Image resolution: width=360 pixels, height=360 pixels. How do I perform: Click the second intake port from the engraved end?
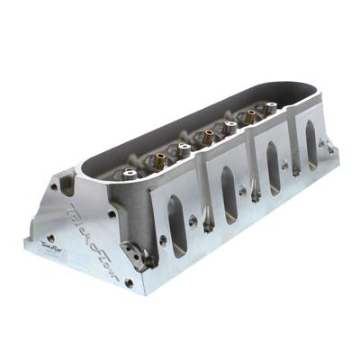(229, 194)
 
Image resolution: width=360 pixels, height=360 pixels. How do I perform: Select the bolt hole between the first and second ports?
(163, 239)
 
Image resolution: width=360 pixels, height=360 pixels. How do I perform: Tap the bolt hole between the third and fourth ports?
(287, 165)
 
